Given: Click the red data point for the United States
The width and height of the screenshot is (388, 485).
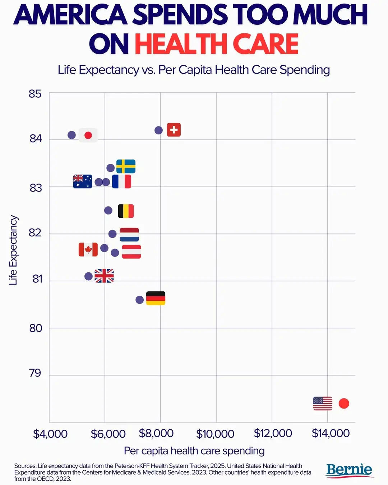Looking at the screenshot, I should pos(344,403).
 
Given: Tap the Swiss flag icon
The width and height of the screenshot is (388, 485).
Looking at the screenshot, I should pos(174,130).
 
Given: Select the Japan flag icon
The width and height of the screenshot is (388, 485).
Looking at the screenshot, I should pos(88,135).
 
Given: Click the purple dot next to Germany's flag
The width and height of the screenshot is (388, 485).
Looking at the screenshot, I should pos(140,300).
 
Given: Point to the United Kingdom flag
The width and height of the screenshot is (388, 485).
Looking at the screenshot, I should pos(104,276).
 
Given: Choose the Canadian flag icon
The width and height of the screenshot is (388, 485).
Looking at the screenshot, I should pos(88,249).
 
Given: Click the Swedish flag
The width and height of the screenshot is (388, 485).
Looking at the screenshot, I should pos(126,166).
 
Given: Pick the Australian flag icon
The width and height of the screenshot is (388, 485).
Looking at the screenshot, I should pos(82,181).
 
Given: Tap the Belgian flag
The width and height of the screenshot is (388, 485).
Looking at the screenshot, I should pos(126,211).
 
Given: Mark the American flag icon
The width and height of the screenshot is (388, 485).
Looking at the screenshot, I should pos(323,403).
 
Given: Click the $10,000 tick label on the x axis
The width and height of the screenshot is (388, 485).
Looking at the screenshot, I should pos(215,434).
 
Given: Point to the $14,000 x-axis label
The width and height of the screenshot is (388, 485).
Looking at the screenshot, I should pos(331,433).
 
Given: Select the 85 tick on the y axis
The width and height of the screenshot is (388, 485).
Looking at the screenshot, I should pos(35,94).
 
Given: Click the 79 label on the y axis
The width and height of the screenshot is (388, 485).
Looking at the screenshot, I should pos(35,373).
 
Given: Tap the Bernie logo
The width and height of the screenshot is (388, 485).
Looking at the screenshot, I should pos(349,470).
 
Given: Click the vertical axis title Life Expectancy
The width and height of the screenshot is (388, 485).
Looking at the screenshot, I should pos(13,250).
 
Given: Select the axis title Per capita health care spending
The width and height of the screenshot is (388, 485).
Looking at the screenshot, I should pos(194,451).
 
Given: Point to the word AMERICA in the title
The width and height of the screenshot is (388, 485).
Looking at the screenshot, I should pos(70,15).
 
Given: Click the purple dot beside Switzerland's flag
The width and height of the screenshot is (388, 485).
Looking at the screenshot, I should pos(158,130).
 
